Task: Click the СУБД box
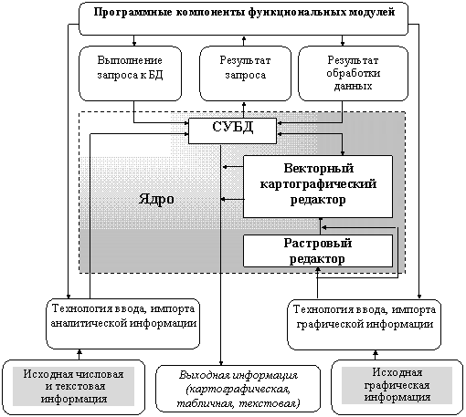tap(232, 130)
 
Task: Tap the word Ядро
tap(156, 199)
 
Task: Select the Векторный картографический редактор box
tap(318, 187)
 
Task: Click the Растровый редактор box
tap(318, 251)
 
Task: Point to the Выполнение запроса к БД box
tap(131, 73)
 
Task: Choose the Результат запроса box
tap(245, 73)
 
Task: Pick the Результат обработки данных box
tap(353, 73)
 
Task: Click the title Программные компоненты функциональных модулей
tap(244, 13)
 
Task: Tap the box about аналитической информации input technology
tap(123, 324)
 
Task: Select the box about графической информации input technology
tap(365, 324)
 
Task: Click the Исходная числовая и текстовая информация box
tap(73, 387)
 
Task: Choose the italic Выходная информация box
tap(238, 389)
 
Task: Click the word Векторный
tap(319, 169)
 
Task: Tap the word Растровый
tap(318, 244)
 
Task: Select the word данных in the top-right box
tap(353, 87)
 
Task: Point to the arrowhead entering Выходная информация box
tap(221, 363)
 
